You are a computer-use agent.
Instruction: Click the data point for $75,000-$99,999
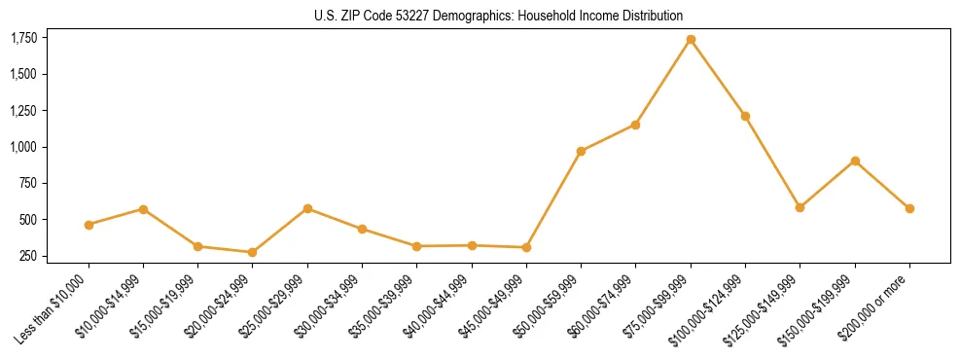[691, 39]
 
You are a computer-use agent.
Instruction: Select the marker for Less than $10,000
[89, 225]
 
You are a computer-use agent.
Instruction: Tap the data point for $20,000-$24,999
[253, 252]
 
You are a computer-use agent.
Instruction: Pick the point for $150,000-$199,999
[855, 161]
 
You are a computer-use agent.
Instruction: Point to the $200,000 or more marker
[909, 208]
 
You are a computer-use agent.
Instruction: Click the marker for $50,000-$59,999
[581, 151]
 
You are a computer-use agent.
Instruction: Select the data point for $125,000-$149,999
[800, 207]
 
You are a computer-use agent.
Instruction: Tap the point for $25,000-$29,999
[307, 208]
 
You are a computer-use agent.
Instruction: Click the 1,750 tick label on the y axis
[23, 38]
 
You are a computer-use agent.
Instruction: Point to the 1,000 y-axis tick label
[23, 147]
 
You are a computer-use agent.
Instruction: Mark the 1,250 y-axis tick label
[23, 111]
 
